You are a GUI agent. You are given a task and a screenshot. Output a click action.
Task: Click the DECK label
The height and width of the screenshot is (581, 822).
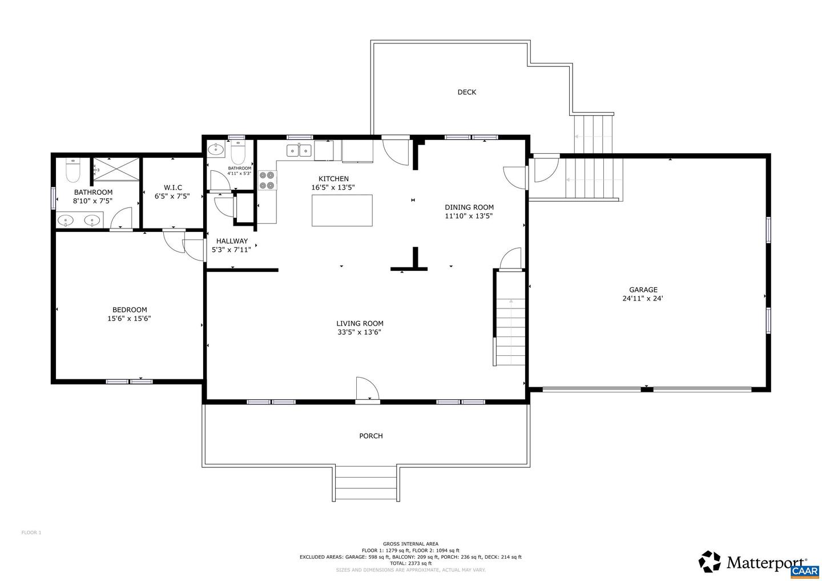[x=466, y=92]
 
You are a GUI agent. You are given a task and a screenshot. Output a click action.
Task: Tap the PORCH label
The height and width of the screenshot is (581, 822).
[x=370, y=436]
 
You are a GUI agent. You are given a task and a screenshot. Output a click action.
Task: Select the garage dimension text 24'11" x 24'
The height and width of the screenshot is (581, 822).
[x=643, y=298]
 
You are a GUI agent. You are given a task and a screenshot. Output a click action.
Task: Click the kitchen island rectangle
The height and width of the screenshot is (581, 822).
[x=342, y=210]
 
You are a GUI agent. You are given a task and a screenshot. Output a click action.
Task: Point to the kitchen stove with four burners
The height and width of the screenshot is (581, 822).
[x=267, y=181]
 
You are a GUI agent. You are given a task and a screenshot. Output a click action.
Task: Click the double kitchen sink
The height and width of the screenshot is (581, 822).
[x=299, y=150]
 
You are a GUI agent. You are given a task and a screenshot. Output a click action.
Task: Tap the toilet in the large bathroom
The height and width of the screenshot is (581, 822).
[x=73, y=170]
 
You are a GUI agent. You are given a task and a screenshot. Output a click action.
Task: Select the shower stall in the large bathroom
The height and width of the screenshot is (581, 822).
[x=116, y=169]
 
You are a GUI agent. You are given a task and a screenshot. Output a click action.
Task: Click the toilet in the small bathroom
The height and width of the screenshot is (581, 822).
[x=237, y=153]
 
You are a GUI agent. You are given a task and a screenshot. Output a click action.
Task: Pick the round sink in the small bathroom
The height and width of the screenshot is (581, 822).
[x=216, y=150]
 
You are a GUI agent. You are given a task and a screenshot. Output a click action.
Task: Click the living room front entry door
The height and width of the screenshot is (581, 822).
[x=367, y=391]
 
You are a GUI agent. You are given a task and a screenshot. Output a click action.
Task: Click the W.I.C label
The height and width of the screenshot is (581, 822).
[x=172, y=187]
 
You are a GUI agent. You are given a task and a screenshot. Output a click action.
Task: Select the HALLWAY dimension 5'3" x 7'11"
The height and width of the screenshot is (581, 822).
[x=231, y=250]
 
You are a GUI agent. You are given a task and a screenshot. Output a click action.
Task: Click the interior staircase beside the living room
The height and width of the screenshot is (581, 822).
[x=510, y=331]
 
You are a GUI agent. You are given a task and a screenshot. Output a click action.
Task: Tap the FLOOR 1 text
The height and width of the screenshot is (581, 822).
[x=31, y=532]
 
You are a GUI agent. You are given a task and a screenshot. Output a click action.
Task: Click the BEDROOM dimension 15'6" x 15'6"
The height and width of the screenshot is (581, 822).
[x=129, y=319]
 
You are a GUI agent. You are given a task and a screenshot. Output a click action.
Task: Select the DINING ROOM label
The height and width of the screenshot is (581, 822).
[x=469, y=207]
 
